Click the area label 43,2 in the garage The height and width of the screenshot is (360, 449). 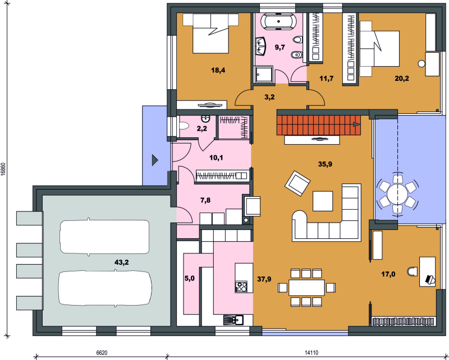[x=121, y=262]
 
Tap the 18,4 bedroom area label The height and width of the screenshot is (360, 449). [x=218, y=70]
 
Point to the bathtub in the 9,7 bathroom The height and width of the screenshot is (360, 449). [x=280, y=22]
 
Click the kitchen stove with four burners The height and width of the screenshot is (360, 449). [x=241, y=287]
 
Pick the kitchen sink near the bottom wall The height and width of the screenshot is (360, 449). [x=233, y=320]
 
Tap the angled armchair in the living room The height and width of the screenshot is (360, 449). [x=297, y=183]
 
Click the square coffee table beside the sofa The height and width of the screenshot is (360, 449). [x=323, y=201]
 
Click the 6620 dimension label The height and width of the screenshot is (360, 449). [x=102, y=353]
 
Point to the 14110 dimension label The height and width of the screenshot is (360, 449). [x=311, y=353]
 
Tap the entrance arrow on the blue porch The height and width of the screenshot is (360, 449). [x=155, y=160]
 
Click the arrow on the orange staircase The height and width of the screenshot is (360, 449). [x=356, y=124]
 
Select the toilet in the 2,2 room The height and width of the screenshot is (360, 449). [x=184, y=126]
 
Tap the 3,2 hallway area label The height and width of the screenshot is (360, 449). [x=269, y=98]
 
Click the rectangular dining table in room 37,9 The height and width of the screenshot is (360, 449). [x=306, y=288]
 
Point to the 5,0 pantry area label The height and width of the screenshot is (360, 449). [x=190, y=278]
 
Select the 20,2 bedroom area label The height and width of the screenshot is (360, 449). [x=402, y=79]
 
